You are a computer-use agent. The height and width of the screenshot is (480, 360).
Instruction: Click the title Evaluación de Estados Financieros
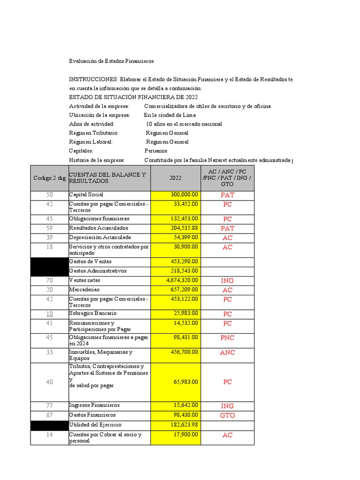pyautogui.click(x=111, y=61)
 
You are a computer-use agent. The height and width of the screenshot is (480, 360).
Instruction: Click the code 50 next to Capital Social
pyautogui.click(x=50, y=195)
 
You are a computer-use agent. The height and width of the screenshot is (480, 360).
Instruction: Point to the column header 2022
pyautogui.click(x=176, y=178)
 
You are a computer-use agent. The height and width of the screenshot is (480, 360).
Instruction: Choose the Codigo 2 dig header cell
pyautogui.click(x=50, y=178)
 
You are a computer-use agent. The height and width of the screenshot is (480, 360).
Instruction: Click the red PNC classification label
pyautogui.click(x=227, y=337)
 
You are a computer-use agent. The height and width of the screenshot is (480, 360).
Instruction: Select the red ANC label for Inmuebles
pyautogui.click(x=227, y=352)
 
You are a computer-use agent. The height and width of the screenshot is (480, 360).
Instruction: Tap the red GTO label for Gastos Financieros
pyautogui.click(x=227, y=415)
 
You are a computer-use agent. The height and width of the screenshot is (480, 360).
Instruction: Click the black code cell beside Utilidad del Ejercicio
pyautogui.click(x=50, y=425)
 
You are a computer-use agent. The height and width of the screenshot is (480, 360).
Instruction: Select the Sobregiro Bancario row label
pyautogui.click(x=93, y=313)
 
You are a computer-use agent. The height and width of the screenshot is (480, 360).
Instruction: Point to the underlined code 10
pyautogui.click(x=50, y=313)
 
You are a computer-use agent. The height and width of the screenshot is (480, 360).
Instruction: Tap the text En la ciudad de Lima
pyautogui.click(x=170, y=115)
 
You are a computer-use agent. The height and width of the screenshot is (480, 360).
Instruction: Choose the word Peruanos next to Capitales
pyautogui.click(x=156, y=151)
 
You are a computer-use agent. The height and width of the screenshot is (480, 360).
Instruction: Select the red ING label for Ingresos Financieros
pyautogui.click(x=227, y=406)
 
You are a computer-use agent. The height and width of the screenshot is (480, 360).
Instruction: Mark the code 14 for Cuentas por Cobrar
pyautogui.click(x=50, y=435)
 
